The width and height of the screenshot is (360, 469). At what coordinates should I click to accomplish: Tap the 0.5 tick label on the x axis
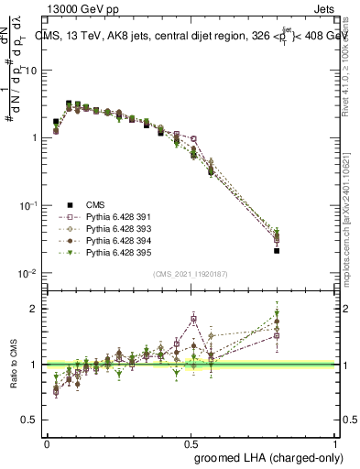click(x=191, y=442)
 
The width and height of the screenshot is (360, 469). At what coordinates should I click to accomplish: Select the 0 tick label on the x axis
click(x=47, y=442)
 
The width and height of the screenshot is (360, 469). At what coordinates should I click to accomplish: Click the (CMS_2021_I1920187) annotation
click(x=191, y=273)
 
